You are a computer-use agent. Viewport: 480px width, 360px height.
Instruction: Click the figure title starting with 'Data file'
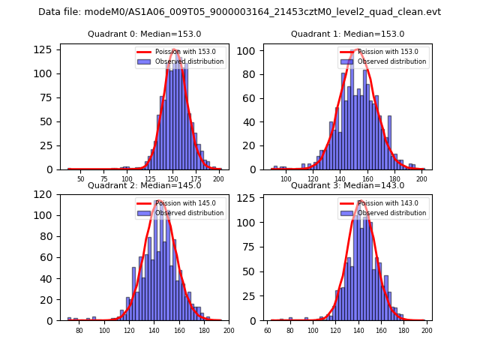(x=240, y=12)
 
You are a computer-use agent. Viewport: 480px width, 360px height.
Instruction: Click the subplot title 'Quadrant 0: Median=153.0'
(x=144, y=34)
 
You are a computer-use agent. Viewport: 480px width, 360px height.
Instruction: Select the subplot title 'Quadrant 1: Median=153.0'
(x=347, y=34)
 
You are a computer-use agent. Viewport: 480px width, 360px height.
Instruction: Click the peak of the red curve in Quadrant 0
(x=175, y=49)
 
